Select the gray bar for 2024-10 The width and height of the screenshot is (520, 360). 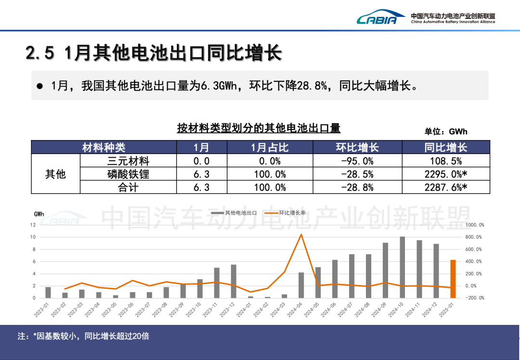coord(403,267)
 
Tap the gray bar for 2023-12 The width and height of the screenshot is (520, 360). coord(234,281)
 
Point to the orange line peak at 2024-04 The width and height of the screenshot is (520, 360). coord(301,234)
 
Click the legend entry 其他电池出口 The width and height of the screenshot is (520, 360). coord(241,212)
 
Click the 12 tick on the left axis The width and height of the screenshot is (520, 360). coord(33,225)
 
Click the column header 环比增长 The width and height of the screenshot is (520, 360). coord(357,147)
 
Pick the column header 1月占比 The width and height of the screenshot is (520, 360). coord(270,147)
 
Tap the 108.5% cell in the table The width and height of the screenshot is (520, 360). coord(446,161)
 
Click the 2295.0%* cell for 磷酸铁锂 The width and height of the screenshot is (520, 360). coord(446,174)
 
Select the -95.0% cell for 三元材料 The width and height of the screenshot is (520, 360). coord(357,161)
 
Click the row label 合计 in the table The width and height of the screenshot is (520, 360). coord(128,187)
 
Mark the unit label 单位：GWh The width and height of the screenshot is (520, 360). coord(446,131)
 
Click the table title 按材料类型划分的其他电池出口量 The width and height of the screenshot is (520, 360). coord(259,128)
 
